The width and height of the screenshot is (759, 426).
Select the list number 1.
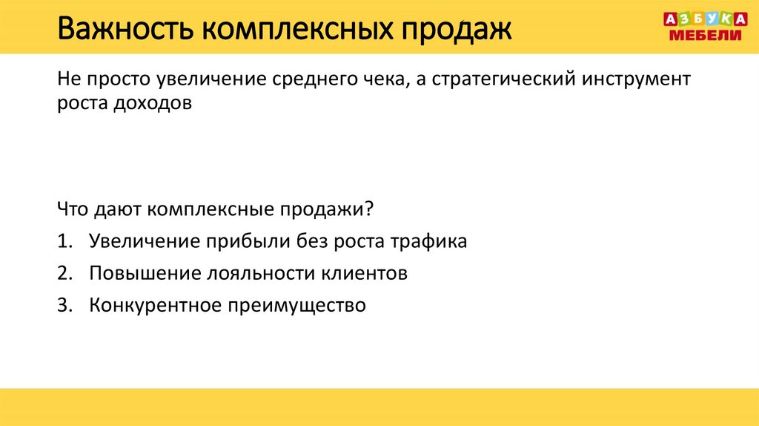[x=62, y=242]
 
